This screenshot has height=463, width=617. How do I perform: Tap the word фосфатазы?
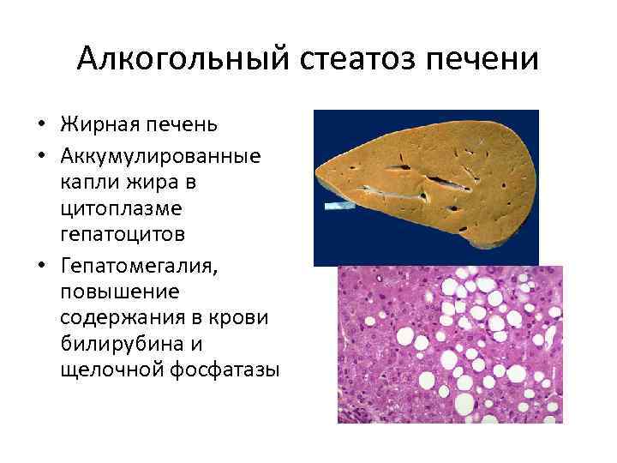(x=226, y=370)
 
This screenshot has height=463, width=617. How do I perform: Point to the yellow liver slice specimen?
(x=428, y=176)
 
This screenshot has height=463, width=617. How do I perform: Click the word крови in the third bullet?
(x=243, y=318)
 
